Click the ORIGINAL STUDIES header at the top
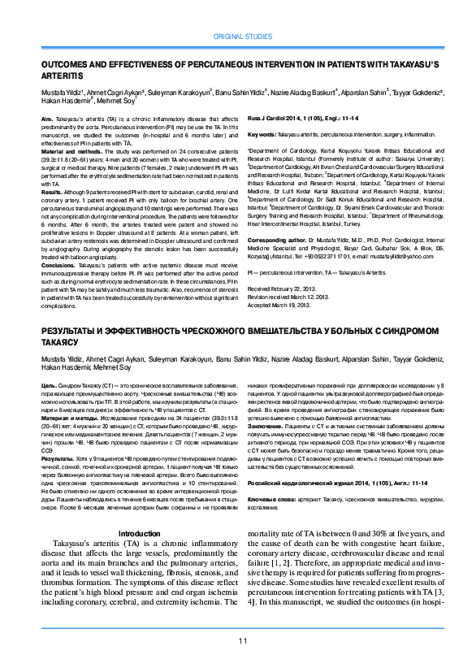click(x=242, y=37)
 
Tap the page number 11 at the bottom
click(x=242, y=641)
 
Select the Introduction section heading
click(x=140, y=533)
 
